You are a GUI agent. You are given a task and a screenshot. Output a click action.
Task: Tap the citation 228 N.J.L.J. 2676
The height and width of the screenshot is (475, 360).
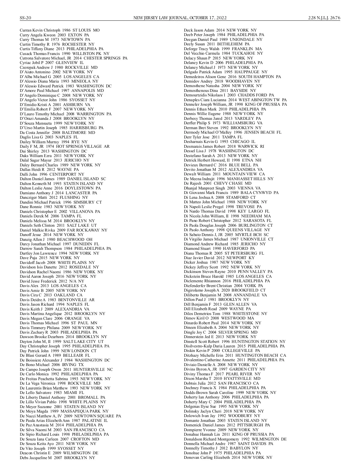(x=324, y=18)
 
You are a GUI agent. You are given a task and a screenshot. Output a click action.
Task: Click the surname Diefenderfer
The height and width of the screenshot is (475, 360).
(x=196, y=286)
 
